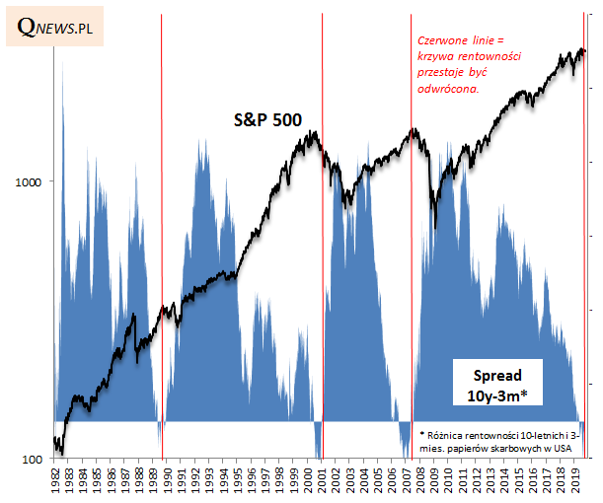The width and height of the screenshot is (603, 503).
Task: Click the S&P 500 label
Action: click(266, 120)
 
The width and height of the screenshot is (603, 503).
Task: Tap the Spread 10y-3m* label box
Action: click(497, 386)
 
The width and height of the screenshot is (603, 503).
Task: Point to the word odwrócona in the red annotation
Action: click(450, 88)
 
